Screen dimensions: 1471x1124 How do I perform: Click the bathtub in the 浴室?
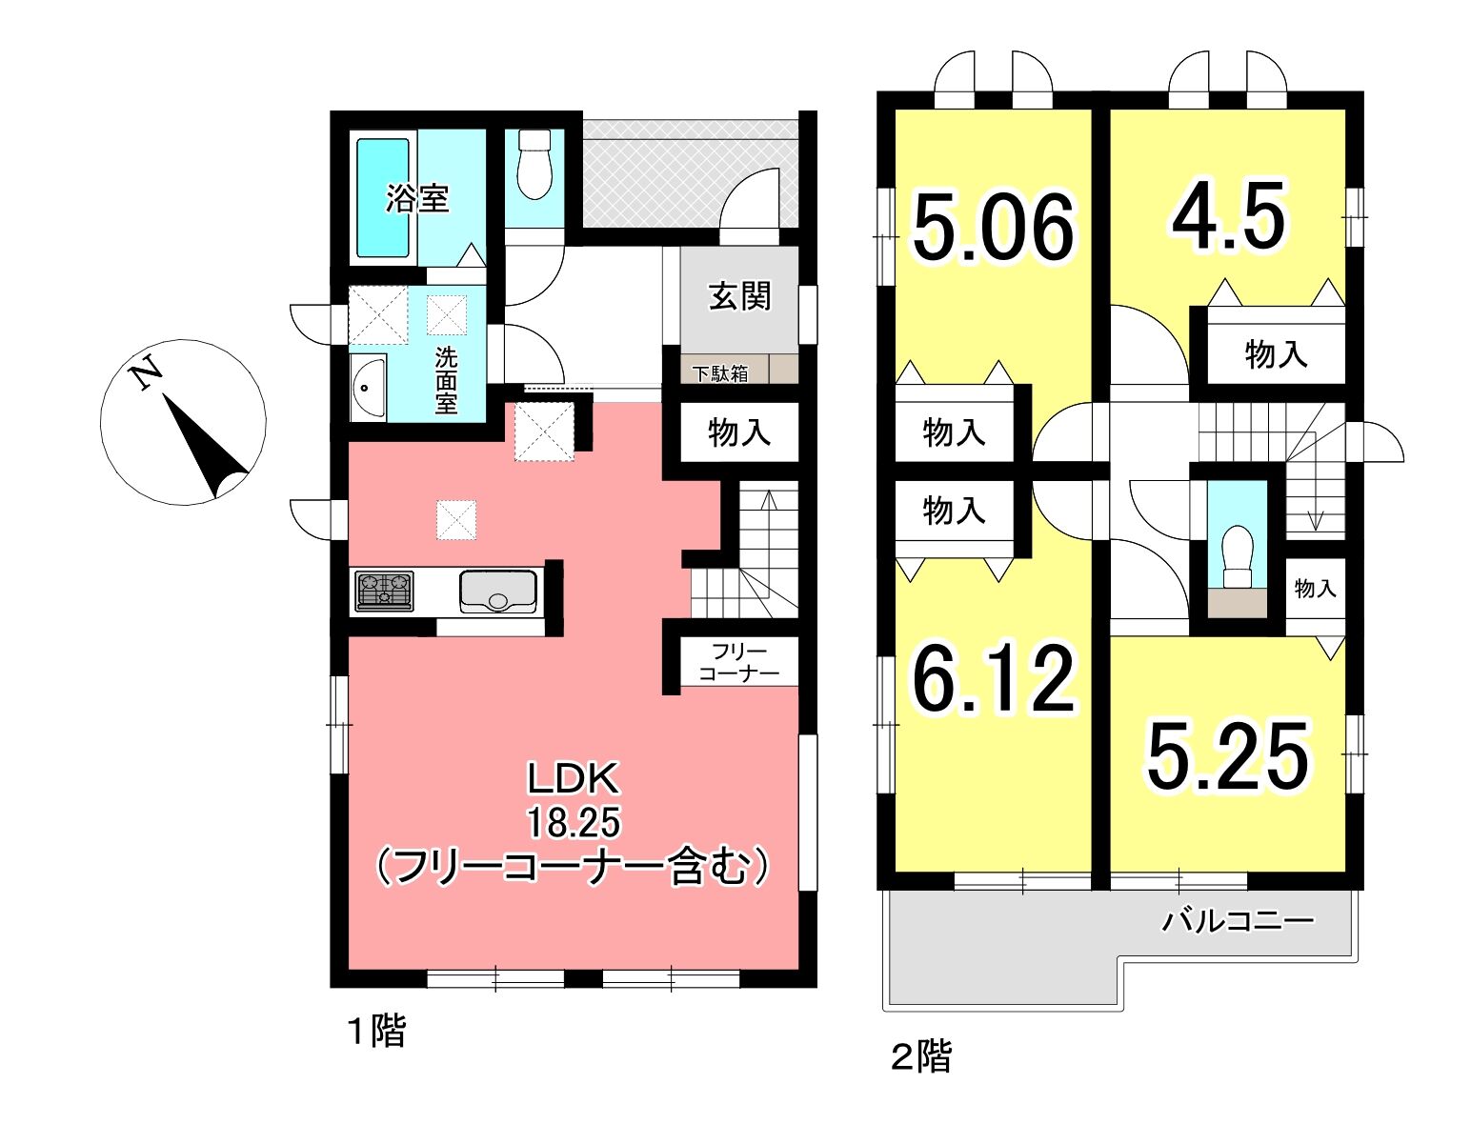(x=383, y=197)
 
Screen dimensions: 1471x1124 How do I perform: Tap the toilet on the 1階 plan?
(x=534, y=164)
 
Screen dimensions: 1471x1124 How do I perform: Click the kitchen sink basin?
(x=498, y=592)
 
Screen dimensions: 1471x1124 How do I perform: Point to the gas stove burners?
(x=384, y=592)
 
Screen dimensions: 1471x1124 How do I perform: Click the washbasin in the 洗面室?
(x=368, y=388)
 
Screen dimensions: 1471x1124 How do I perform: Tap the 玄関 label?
(x=740, y=295)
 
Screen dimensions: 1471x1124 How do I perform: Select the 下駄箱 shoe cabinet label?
(x=720, y=373)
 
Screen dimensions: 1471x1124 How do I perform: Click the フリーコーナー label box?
(x=738, y=661)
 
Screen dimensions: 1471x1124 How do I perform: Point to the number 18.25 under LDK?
(x=574, y=822)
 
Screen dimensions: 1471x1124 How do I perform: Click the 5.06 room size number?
(x=993, y=228)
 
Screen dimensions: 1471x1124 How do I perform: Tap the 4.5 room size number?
(x=1228, y=215)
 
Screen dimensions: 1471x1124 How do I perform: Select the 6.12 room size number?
(x=995, y=679)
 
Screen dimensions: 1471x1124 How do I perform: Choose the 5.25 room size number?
(x=1228, y=756)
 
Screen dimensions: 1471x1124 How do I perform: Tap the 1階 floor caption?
(x=377, y=1032)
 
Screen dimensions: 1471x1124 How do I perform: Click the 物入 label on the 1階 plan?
(x=739, y=432)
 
